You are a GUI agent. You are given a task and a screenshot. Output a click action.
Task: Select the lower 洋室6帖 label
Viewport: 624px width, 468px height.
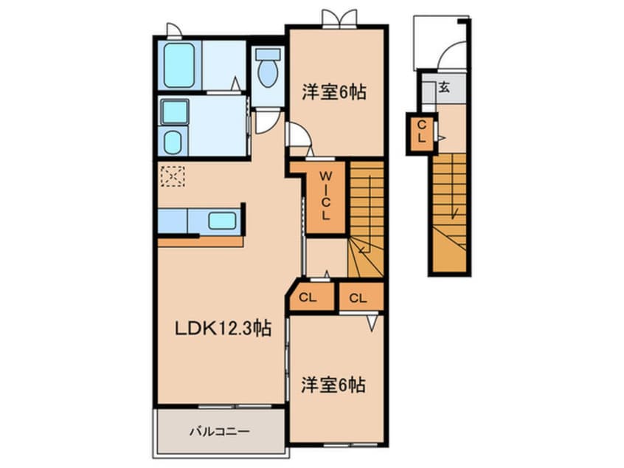pyautogui.click(x=333, y=385)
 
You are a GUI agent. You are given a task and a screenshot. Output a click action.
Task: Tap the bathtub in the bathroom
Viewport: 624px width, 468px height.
pyautogui.click(x=178, y=65)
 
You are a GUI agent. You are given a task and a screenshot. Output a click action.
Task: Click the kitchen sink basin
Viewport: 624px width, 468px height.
pyautogui.click(x=221, y=220)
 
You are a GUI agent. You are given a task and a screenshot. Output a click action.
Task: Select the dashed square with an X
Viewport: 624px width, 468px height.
pyautogui.click(x=173, y=176)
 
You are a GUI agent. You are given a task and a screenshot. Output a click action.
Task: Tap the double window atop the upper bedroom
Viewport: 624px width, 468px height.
pyautogui.click(x=339, y=18)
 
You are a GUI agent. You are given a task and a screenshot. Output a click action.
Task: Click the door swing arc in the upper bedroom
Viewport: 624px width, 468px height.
pyautogui.click(x=299, y=137)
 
